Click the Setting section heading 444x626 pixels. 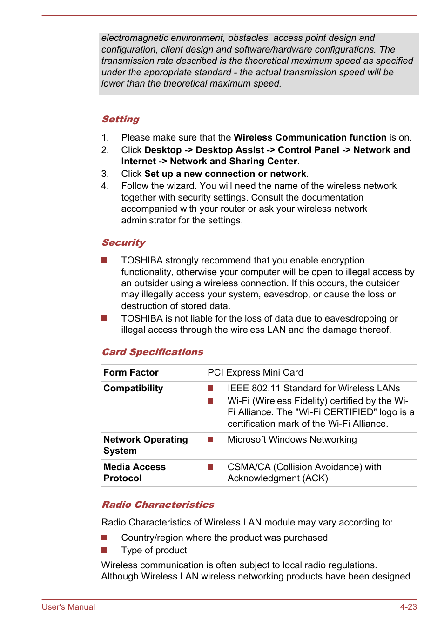pos(121,120)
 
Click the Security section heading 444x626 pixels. pos(123,243)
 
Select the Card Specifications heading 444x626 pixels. pos(152,352)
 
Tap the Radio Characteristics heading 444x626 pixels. pos(158,505)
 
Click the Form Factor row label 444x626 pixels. pos(131,373)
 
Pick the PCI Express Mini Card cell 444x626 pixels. pos(255,373)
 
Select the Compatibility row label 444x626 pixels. pos(133,389)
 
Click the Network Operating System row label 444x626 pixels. pos(145,445)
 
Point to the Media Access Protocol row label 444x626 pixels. pos(134,473)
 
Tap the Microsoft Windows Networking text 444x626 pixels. pos(292,440)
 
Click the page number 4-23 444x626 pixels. pos(408,607)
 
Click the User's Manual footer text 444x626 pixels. pos(68,607)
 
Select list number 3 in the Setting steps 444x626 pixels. pos(105,174)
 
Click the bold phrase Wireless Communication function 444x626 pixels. pos(310,138)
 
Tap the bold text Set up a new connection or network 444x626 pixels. pos(225,174)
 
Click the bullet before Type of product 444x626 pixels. pos(104,550)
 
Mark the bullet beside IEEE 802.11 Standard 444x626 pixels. pos(210,389)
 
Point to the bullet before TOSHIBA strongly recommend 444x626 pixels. pos(104,261)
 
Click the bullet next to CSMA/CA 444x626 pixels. pos(210,467)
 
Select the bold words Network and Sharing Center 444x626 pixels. pos(233,162)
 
